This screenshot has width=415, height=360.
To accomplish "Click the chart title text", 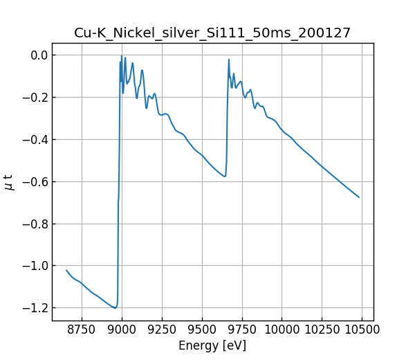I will [212, 33].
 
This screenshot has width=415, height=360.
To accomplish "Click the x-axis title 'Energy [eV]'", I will [212, 345].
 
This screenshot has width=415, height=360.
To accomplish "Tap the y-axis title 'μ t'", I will [9, 182].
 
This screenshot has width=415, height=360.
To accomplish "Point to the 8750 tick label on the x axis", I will [82, 330].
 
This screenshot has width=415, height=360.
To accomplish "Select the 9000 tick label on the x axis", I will [122, 330].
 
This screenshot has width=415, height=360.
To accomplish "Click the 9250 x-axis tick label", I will [162, 330].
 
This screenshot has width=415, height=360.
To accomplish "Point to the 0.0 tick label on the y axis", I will [39, 55].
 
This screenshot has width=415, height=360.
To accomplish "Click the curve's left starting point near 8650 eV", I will [66, 270].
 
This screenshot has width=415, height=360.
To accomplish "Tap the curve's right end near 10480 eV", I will [359, 197].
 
